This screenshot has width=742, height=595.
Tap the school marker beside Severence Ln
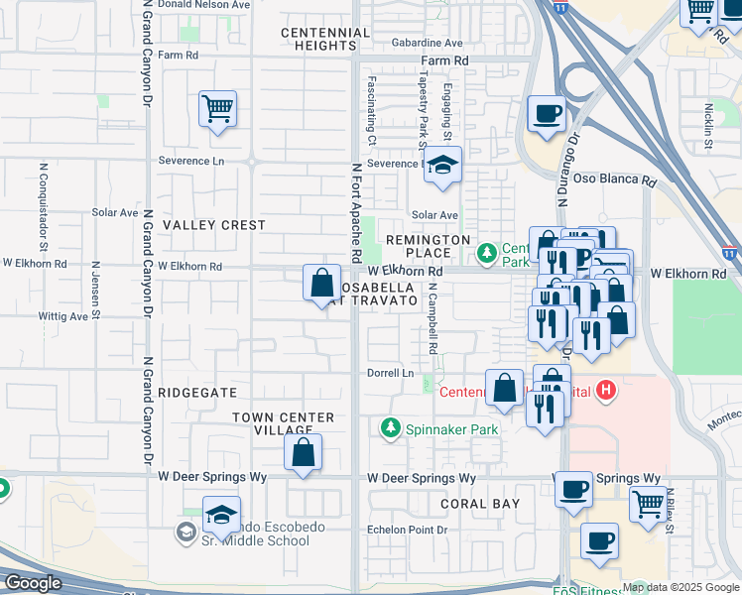442,166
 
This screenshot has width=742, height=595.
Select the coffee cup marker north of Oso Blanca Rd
546,114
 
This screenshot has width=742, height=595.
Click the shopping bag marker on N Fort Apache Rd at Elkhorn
321,284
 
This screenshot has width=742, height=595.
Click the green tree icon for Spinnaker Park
391,428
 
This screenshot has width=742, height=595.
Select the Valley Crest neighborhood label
214,225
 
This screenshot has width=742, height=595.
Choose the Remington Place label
428,247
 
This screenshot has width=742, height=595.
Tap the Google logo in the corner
34,583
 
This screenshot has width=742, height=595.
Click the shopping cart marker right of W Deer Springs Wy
648,503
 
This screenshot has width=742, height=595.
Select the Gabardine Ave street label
427,44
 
